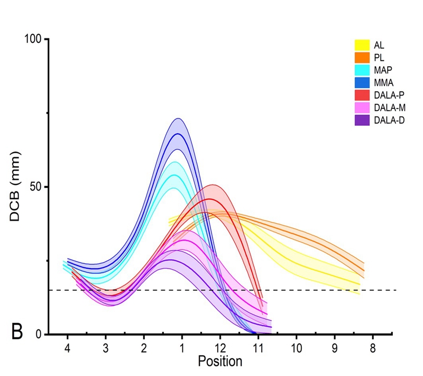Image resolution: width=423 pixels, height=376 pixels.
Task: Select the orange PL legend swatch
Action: (x=361, y=57)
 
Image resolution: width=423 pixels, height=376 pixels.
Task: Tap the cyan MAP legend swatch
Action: (x=361, y=69)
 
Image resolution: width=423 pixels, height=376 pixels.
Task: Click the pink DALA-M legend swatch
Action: (x=361, y=107)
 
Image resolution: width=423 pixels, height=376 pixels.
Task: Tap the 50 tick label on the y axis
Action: (x=36, y=187)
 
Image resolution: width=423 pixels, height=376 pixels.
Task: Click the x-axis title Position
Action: (x=220, y=362)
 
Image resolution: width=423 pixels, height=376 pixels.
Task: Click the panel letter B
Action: (x=17, y=333)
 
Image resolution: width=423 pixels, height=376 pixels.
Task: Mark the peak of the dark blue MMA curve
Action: (x=178, y=134)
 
